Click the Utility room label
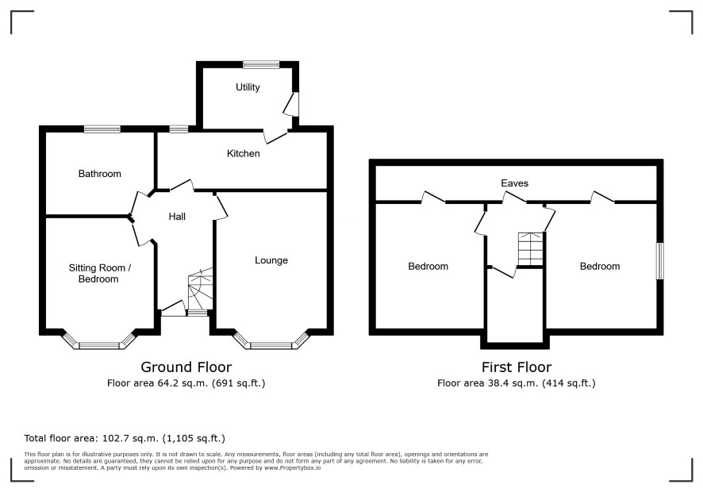tap(248, 87)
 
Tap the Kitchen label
tap(243, 153)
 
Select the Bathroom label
tap(99, 174)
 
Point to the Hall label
tap(177, 217)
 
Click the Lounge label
tap(271, 260)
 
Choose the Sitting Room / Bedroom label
tap(99, 274)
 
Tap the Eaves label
tap(514, 183)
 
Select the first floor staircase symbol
tap(531, 249)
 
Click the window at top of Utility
tap(261, 64)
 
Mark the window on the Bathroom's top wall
tap(102, 129)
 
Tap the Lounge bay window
tap(271, 342)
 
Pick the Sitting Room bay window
tap(98, 342)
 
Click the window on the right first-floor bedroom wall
tap(660, 261)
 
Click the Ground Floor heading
tap(186, 367)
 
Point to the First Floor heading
tap(516, 367)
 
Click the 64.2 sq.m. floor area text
tap(186, 383)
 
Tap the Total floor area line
tap(125, 438)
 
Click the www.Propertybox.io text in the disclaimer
tap(292, 467)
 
